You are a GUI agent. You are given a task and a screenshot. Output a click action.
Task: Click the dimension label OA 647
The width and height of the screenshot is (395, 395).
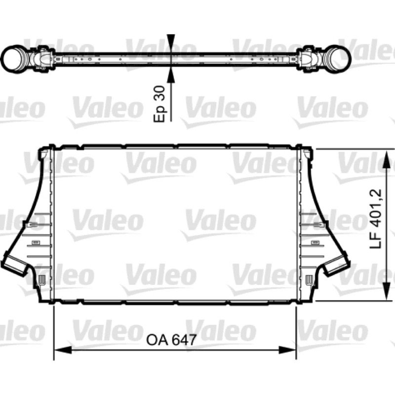click(171, 340)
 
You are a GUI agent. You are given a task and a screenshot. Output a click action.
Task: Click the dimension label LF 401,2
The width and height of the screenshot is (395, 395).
click(376, 219)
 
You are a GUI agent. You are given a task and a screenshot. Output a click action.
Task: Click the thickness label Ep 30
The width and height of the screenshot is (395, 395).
click(159, 104)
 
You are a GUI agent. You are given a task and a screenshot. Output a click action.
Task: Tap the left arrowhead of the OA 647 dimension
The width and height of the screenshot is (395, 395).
click(63, 350)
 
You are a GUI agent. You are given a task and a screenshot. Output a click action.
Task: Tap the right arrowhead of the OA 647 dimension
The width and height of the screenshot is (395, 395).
click(287, 350)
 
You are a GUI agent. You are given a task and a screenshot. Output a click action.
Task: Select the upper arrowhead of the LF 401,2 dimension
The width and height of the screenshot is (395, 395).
click(387, 158)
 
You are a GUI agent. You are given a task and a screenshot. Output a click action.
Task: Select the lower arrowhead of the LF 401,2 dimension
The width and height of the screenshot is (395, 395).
click(387, 291)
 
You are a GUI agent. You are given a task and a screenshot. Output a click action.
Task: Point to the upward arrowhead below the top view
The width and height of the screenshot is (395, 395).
click(171, 75)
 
